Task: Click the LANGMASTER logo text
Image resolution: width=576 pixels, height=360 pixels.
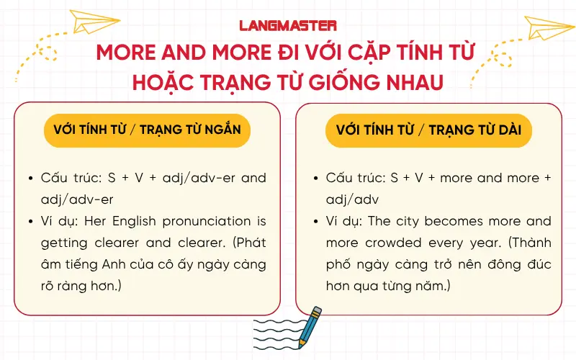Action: coord(288,25)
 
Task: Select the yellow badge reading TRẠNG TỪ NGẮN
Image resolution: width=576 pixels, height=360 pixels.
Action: coord(147,130)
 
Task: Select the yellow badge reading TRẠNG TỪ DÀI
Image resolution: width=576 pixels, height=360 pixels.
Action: coord(428,130)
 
